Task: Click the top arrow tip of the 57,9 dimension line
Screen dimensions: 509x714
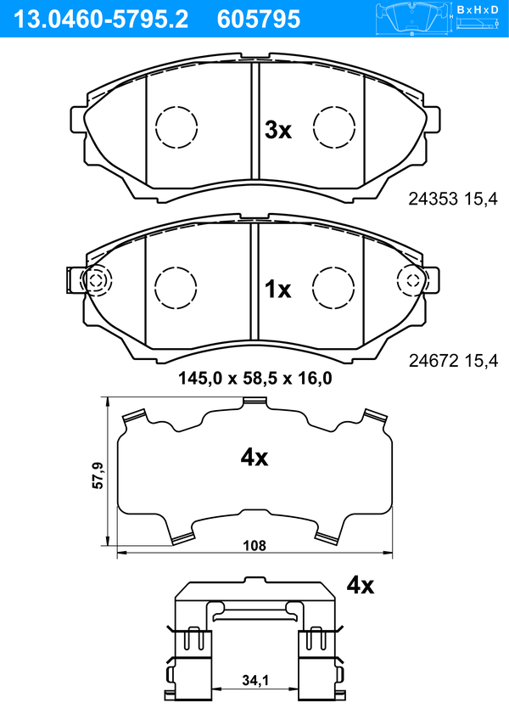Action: pos(108,397)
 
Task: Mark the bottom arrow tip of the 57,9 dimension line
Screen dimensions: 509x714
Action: pos(108,545)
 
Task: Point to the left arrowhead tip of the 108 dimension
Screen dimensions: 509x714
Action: pos(117,554)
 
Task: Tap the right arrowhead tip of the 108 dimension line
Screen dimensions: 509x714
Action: pos(392,554)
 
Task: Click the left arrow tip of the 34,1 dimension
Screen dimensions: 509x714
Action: pos(212,689)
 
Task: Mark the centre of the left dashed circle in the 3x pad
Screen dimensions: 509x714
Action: pos(176,127)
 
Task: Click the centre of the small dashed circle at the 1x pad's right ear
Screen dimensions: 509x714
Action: pos(412,280)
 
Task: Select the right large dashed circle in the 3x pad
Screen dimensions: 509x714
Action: pos(334,127)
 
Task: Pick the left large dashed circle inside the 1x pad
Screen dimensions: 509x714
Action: pos(176,288)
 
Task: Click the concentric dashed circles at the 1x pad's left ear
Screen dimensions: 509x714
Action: pos(96,280)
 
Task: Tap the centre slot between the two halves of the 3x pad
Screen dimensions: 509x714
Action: pos(255,121)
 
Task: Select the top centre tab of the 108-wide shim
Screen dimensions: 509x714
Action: pos(255,402)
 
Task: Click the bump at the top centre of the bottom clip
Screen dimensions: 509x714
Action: pos(255,581)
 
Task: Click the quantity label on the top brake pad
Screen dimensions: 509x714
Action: pos(278,131)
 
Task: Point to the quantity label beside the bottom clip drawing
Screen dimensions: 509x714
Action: pos(361,585)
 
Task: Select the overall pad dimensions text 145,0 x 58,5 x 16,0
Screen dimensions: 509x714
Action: pos(255,379)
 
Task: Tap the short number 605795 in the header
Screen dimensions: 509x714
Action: pos(259,20)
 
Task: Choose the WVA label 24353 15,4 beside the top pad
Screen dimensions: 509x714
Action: pos(453,199)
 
